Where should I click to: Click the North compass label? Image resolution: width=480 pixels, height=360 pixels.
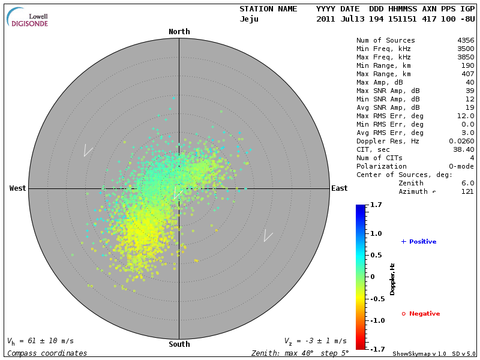tap(179, 32)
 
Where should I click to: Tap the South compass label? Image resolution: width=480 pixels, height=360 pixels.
tap(179, 344)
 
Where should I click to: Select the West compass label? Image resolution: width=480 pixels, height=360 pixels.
tap(18, 188)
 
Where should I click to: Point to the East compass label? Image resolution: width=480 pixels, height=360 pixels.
tap(339, 188)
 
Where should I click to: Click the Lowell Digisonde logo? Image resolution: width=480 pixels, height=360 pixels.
tap(28, 17)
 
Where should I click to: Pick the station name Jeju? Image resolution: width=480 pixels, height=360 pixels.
tap(249, 19)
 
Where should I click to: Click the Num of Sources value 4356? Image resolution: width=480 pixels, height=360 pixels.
tap(465, 41)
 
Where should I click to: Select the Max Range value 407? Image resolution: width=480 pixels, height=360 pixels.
tap(467, 74)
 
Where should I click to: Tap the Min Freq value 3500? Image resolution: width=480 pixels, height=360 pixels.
tap(465, 49)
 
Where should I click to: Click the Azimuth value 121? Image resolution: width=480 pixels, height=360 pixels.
tap(467, 191)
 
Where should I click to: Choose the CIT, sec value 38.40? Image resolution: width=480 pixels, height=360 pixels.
tap(463, 149)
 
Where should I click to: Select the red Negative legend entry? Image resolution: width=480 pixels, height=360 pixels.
tap(421, 314)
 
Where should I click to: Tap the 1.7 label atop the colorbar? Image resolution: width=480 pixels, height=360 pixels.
tap(376, 205)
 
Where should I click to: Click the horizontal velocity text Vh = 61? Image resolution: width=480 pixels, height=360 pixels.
tap(40, 341)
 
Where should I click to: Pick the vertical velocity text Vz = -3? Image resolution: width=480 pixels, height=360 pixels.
tap(315, 341)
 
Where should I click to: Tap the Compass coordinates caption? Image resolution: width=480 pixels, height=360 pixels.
tap(47, 353)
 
